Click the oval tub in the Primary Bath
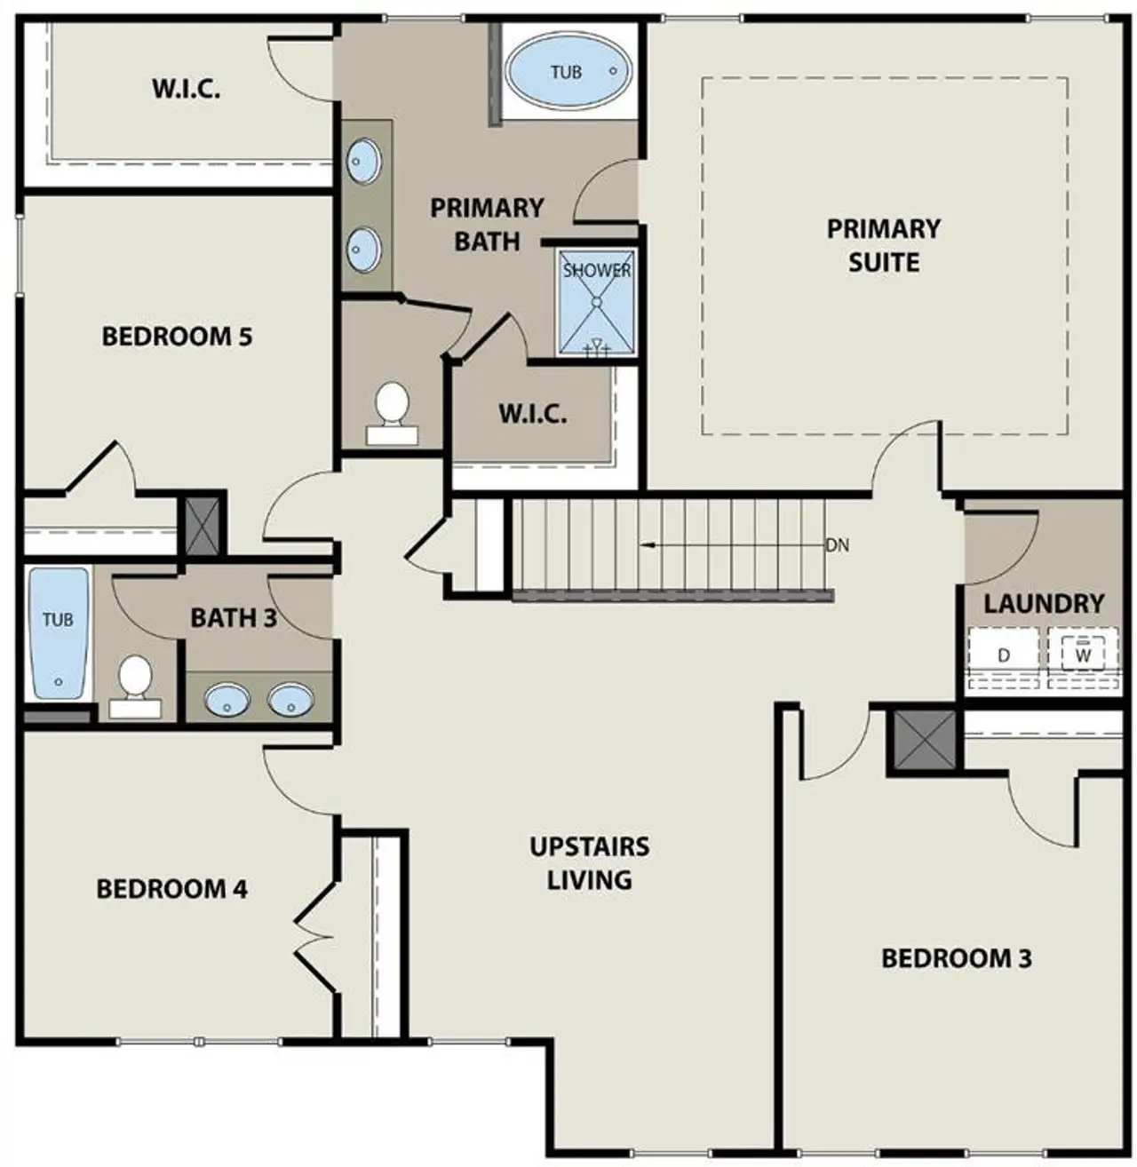569,72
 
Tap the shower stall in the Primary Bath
597,303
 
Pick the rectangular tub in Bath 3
59,633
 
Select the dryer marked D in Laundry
1004,655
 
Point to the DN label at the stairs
837,545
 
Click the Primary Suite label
883,245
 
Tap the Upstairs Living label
590,862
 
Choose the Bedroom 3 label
956,958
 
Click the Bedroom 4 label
171,888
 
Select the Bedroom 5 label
177,337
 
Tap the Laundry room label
1043,604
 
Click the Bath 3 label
234,617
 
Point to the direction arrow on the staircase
657,545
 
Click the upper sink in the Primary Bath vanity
363,162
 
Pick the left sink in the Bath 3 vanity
227,701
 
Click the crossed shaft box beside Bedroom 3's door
925,741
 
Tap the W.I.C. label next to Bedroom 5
186,89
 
